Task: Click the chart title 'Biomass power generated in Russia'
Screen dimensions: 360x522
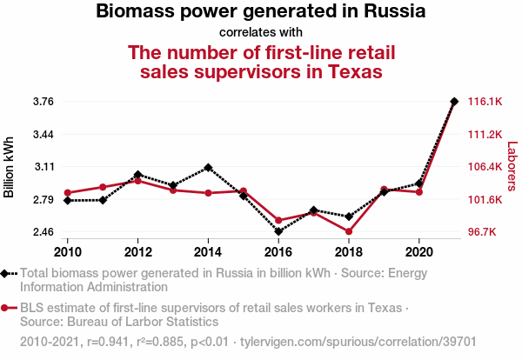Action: pyautogui.click(x=261, y=13)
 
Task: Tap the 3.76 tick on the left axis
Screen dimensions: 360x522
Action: pyautogui.click(x=43, y=102)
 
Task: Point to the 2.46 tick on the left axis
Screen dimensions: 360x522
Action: pyautogui.click(x=43, y=232)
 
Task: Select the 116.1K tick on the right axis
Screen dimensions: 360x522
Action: pyautogui.click(x=485, y=102)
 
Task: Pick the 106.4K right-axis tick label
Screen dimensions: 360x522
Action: pyautogui.click(x=485, y=167)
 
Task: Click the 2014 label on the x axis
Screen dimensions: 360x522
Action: pyautogui.click(x=208, y=252)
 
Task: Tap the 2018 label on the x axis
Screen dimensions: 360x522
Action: pyautogui.click(x=349, y=252)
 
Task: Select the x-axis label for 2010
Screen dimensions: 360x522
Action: pyautogui.click(x=68, y=252)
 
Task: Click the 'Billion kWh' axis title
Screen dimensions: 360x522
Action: pyautogui.click(x=10, y=167)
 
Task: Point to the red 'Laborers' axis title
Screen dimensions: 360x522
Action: pyautogui.click(x=512, y=167)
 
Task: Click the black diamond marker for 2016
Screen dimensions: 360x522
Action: pyautogui.click(x=278, y=231)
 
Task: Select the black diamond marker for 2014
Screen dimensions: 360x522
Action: pyautogui.click(x=208, y=167)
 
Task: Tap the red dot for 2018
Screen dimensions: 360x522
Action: pyautogui.click(x=349, y=231)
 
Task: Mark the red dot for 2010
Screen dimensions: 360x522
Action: pyautogui.click(x=68, y=193)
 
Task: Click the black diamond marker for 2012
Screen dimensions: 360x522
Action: pyautogui.click(x=138, y=175)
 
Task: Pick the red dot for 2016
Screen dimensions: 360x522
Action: pyautogui.click(x=278, y=221)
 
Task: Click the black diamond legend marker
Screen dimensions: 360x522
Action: pyautogui.click(x=7, y=272)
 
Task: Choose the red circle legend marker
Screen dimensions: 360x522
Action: pyautogui.click(x=7, y=308)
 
